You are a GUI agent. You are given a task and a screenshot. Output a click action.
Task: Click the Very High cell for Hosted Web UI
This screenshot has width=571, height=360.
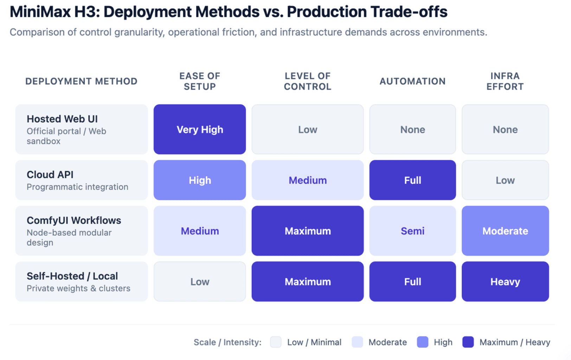[200, 129]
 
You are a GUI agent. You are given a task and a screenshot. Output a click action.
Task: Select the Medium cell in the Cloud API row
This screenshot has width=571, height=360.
[307, 180]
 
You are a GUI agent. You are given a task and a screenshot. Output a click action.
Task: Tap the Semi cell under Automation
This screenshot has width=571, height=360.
[412, 231]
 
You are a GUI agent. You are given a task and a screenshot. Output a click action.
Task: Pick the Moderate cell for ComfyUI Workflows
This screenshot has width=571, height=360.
[505, 231]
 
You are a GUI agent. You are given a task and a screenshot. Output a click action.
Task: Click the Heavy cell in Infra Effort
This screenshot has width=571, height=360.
[505, 282]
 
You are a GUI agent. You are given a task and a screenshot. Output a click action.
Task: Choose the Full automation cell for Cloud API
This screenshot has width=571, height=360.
[412, 180]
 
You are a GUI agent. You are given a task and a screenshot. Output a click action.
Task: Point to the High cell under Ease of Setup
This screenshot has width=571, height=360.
[200, 180]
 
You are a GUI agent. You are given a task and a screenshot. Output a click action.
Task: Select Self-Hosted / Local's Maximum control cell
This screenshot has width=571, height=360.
[307, 282]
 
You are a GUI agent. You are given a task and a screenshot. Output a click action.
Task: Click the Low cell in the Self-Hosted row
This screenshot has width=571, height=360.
[200, 282]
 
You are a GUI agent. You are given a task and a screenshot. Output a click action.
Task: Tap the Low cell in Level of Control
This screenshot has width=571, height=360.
[307, 129]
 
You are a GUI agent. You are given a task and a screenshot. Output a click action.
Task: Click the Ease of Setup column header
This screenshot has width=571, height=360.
[200, 81]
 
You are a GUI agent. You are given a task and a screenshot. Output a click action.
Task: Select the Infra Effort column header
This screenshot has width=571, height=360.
[505, 81]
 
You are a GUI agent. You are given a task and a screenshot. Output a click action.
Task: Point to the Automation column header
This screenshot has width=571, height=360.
[412, 81]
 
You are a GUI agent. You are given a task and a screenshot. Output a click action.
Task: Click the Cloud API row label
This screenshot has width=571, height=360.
[50, 175]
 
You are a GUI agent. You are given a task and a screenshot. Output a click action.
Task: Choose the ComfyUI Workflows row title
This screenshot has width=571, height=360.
[74, 220]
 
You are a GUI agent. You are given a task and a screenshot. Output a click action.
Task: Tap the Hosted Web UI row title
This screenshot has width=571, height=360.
[62, 119]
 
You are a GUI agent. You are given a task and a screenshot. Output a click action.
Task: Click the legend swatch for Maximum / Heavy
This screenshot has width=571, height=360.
[468, 342]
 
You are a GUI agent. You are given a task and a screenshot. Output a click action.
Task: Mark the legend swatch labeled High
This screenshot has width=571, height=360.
[422, 342]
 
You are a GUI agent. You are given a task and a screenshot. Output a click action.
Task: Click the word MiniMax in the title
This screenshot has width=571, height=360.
[40, 12]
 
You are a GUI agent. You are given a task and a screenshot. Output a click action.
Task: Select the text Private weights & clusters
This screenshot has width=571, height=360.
[78, 288]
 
